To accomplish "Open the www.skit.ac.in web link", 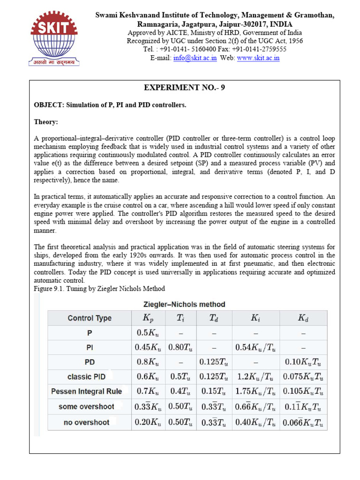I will click(x=258, y=58).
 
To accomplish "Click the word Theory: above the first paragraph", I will click(x=46, y=122).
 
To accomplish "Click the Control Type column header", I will click(x=90, y=318).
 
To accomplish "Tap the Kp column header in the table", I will click(x=148, y=318).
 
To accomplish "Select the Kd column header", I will click(x=303, y=318).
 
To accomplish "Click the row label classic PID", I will click(x=86, y=376).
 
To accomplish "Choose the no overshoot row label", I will click(x=86, y=422).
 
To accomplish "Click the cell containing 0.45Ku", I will click(x=148, y=348).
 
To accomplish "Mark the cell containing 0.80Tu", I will click(x=180, y=348).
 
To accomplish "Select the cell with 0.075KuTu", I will click(x=303, y=376).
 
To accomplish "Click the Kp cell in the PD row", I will click(x=148, y=362).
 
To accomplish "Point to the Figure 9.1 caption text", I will click(x=99, y=288).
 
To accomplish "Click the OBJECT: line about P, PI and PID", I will click(x=110, y=105).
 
